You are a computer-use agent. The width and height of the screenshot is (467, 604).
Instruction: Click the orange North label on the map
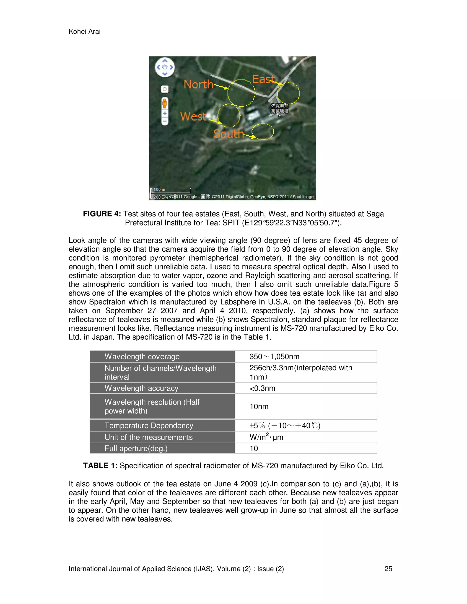click(198, 84)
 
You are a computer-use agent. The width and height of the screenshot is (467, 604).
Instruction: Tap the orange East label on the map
click(263, 79)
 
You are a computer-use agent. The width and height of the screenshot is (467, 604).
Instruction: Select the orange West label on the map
click(193, 116)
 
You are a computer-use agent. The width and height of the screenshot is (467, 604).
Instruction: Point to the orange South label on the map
click(228, 134)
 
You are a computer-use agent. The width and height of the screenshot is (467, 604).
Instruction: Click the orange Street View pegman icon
click(165, 103)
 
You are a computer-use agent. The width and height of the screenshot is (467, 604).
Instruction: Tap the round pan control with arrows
click(165, 67)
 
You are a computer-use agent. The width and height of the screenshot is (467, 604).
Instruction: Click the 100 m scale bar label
click(159, 189)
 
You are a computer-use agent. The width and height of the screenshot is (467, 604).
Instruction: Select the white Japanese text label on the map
click(279, 108)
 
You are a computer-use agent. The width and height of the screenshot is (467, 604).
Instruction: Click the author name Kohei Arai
click(84, 31)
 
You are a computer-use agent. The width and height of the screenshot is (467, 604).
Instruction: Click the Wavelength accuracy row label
click(141, 388)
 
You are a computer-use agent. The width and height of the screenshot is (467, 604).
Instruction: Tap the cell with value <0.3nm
click(262, 388)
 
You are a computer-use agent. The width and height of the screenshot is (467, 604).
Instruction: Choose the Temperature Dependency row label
click(149, 425)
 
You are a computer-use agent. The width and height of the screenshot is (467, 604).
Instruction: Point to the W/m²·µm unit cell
click(266, 437)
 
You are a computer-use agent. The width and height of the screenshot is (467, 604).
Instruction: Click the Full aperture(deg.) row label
click(136, 448)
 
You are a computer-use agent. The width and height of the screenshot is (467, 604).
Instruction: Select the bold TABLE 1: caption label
click(100, 466)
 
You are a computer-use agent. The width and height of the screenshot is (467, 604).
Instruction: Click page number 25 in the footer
click(388, 569)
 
